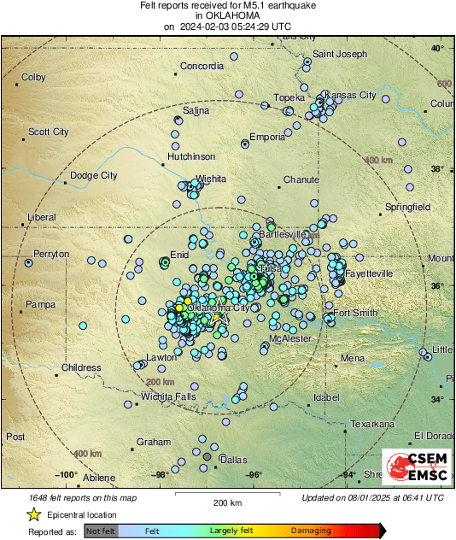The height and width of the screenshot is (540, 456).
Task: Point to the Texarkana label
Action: pyautogui.click(x=372, y=423)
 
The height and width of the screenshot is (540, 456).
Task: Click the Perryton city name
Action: pyautogui.click(x=51, y=255)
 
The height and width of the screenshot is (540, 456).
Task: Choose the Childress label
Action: pyautogui.click(x=81, y=367)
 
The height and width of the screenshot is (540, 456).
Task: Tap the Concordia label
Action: pyautogui.click(x=202, y=66)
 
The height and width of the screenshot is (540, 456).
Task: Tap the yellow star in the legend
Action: pyautogui.click(x=33, y=514)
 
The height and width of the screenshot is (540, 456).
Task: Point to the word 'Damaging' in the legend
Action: pyautogui.click(x=312, y=531)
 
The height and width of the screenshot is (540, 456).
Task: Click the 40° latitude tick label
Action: pyautogui.click(x=436, y=49)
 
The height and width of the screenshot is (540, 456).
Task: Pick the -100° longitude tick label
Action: pyautogui.click(x=66, y=474)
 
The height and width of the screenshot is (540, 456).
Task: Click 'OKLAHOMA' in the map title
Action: pyautogui.click(x=227, y=16)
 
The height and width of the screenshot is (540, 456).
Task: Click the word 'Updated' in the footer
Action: pyautogui.click(x=321, y=496)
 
